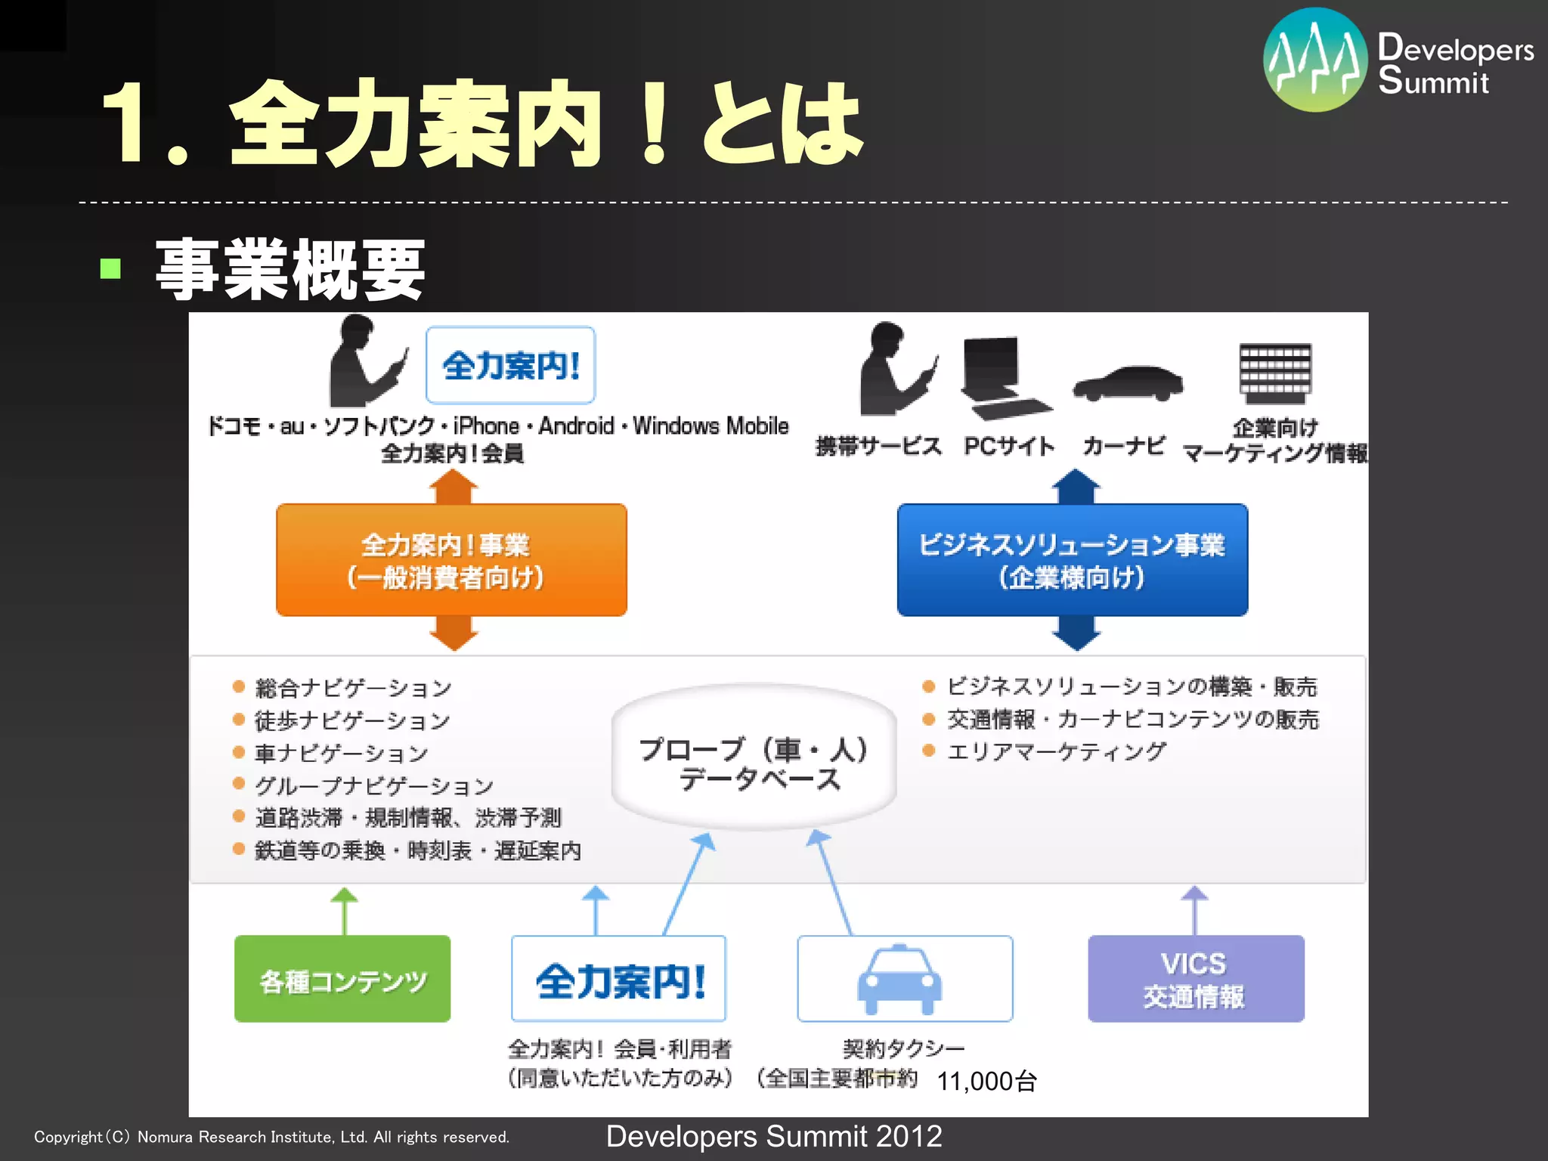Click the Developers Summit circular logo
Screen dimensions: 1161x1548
[x=1315, y=60]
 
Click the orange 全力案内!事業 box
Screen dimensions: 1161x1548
[x=451, y=560]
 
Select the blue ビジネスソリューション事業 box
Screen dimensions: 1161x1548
[x=1072, y=560]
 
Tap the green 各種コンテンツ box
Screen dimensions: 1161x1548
[x=342, y=979]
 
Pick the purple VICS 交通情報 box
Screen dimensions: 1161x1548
[x=1196, y=979]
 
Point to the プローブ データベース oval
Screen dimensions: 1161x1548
[x=754, y=758]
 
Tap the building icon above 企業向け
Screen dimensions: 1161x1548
[x=1275, y=374]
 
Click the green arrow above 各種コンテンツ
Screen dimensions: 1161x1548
[x=345, y=910]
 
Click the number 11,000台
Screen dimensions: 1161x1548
[x=986, y=1082]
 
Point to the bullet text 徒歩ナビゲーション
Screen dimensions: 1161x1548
[x=352, y=721]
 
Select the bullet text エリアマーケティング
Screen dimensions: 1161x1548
[x=1057, y=751]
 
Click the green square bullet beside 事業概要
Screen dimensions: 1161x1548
[x=110, y=269]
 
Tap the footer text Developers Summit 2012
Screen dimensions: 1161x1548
[x=774, y=1137]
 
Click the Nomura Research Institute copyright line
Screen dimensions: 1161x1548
[x=272, y=1138]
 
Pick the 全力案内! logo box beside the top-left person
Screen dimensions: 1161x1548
[x=511, y=366]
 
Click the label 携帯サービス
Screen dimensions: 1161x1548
[x=878, y=447]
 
